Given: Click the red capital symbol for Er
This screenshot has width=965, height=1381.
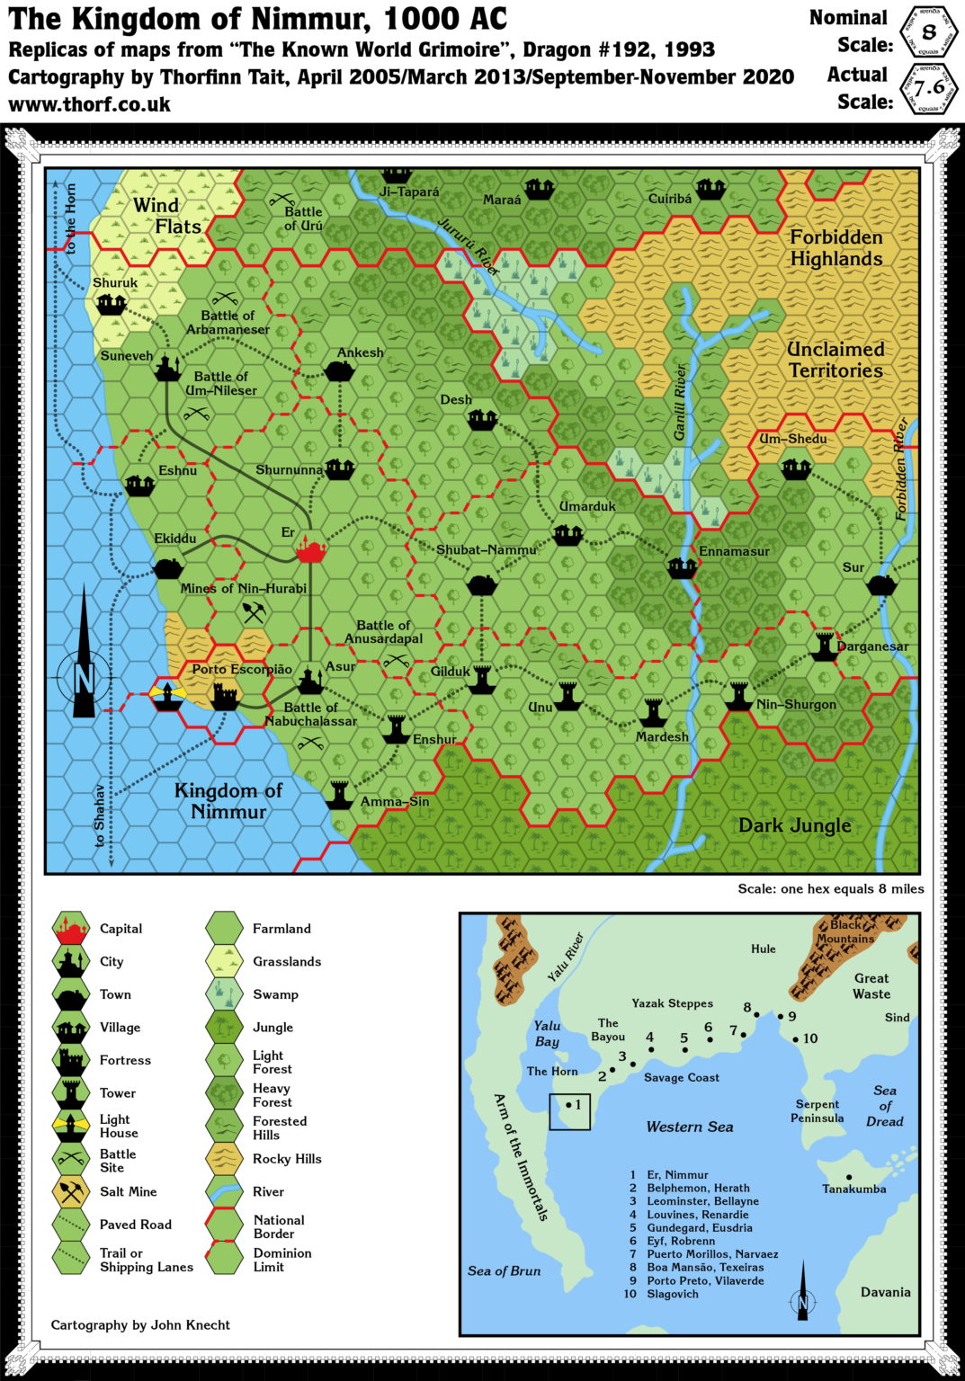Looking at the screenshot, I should point(310,550).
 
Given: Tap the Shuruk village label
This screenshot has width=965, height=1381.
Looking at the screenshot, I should point(115,282).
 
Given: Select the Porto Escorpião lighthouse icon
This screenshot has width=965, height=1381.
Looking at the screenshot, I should point(167,695).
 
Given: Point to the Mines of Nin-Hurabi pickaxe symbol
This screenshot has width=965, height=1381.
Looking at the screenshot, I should point(254,612).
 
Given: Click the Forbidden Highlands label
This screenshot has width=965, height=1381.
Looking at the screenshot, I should point(835,248).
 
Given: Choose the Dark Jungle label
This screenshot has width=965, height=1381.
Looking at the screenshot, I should point(794,825).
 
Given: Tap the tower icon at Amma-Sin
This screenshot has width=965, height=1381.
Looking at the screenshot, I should point(339,795).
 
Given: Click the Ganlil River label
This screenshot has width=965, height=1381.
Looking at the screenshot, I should point(680,402).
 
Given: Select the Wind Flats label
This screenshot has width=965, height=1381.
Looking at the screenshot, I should point(167,216).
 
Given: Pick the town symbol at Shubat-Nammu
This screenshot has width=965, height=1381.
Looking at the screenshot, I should point(482,585).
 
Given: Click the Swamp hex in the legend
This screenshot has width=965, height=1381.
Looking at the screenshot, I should point(224,994).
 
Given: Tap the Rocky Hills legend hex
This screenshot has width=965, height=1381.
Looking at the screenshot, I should point(224,1159).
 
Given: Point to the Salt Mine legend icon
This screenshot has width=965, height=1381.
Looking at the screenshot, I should point(70,1192).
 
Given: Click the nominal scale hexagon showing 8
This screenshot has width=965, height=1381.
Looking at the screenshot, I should point(929,32).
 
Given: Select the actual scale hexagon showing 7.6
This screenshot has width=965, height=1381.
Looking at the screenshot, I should point(929,87).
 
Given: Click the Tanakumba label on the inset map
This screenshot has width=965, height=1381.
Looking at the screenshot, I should point(853,1189).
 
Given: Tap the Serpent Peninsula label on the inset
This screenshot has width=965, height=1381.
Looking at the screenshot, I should point(817,1111).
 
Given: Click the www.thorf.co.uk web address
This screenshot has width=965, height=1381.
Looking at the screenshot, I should point(90,104).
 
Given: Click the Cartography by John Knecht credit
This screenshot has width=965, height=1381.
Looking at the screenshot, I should point(140,1324).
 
